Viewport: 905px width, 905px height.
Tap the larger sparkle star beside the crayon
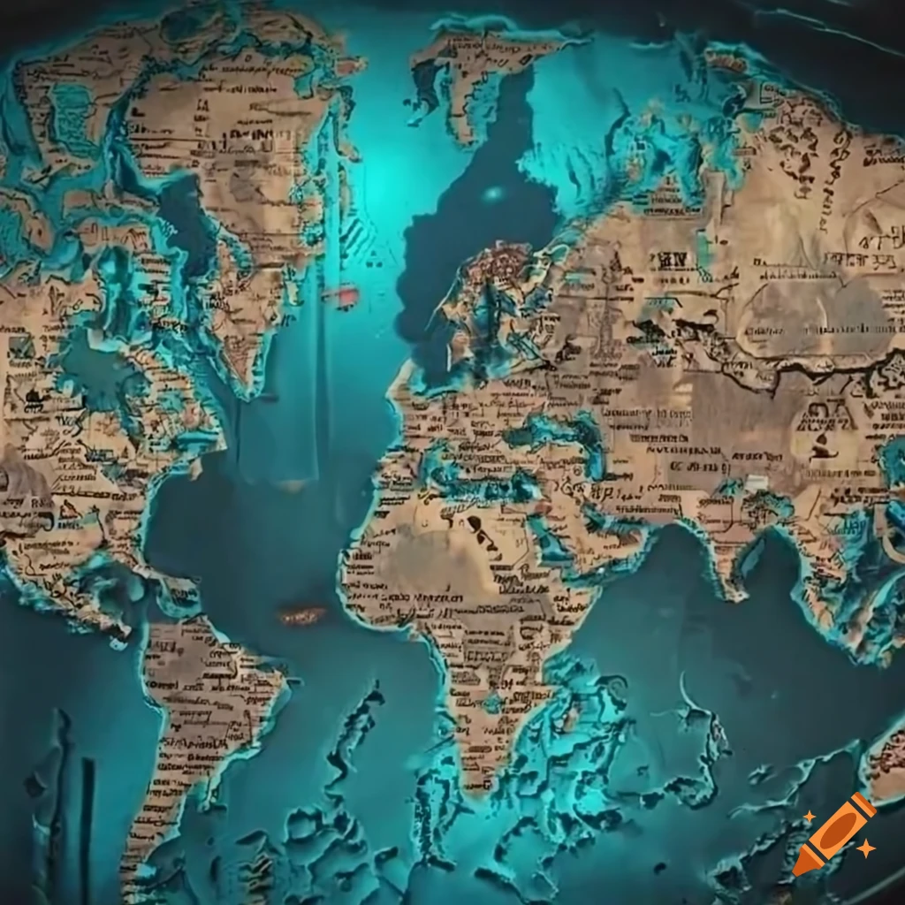click(867, 848)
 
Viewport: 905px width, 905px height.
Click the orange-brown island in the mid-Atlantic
click(301, 614)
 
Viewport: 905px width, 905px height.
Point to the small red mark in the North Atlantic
click(343, 294)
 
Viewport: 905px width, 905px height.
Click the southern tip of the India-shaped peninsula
click(730, 590)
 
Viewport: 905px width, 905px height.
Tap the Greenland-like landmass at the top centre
click(477, 71)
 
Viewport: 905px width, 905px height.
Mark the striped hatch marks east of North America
click(354, 233)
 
